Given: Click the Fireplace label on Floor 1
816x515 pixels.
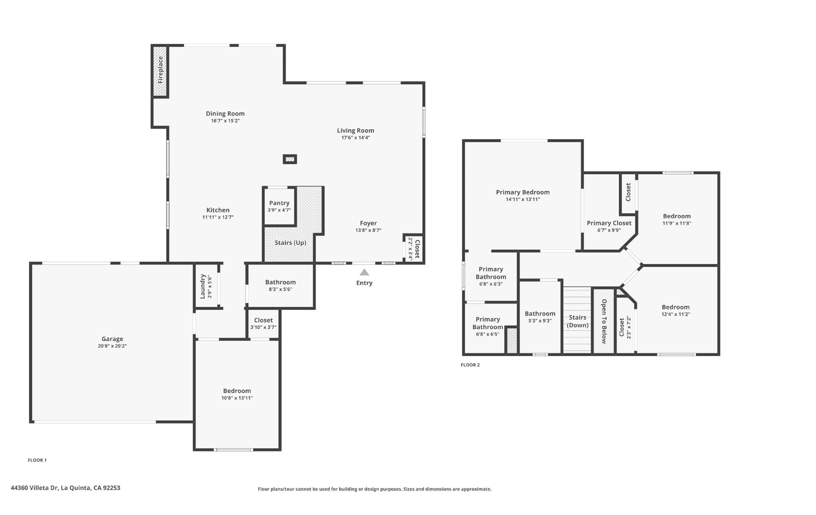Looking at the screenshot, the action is (x=160, y=70).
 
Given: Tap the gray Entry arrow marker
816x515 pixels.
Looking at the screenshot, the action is (x=364, y=272).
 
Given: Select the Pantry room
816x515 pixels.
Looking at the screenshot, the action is (x=279, y=206).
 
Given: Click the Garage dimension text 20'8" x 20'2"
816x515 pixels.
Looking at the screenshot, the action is (x=112, y=346).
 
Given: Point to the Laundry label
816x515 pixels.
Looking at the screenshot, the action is (x=203, y=286).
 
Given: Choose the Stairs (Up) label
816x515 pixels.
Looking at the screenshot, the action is (x=290, y=243).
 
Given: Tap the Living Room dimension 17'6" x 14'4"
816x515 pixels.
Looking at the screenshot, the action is (x=356, y=138).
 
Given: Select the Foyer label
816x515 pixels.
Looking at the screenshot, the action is (x=368, y=223).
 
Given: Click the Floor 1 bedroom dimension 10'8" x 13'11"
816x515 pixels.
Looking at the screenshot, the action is (x=237, y=398).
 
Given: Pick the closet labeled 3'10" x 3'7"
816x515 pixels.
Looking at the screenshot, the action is (x=263, y=324).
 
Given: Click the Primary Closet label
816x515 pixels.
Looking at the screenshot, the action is (x=609, y=223).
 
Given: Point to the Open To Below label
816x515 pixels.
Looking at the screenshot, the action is (x=604, y=321).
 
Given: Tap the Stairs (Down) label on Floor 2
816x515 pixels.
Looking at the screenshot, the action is (x=577, y=321).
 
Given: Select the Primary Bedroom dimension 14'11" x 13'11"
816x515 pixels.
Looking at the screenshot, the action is (x=523, y=199).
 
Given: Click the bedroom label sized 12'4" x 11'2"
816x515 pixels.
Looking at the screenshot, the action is (x=676, y=307).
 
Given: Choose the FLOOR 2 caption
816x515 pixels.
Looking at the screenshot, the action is (x=470, y=365).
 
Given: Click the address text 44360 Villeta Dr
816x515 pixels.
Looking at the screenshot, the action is (x=34, y=488).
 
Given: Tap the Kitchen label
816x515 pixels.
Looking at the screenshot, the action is (x=218, y=210).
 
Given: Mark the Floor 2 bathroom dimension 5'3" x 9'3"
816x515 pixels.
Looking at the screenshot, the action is (x=540, y=321).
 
